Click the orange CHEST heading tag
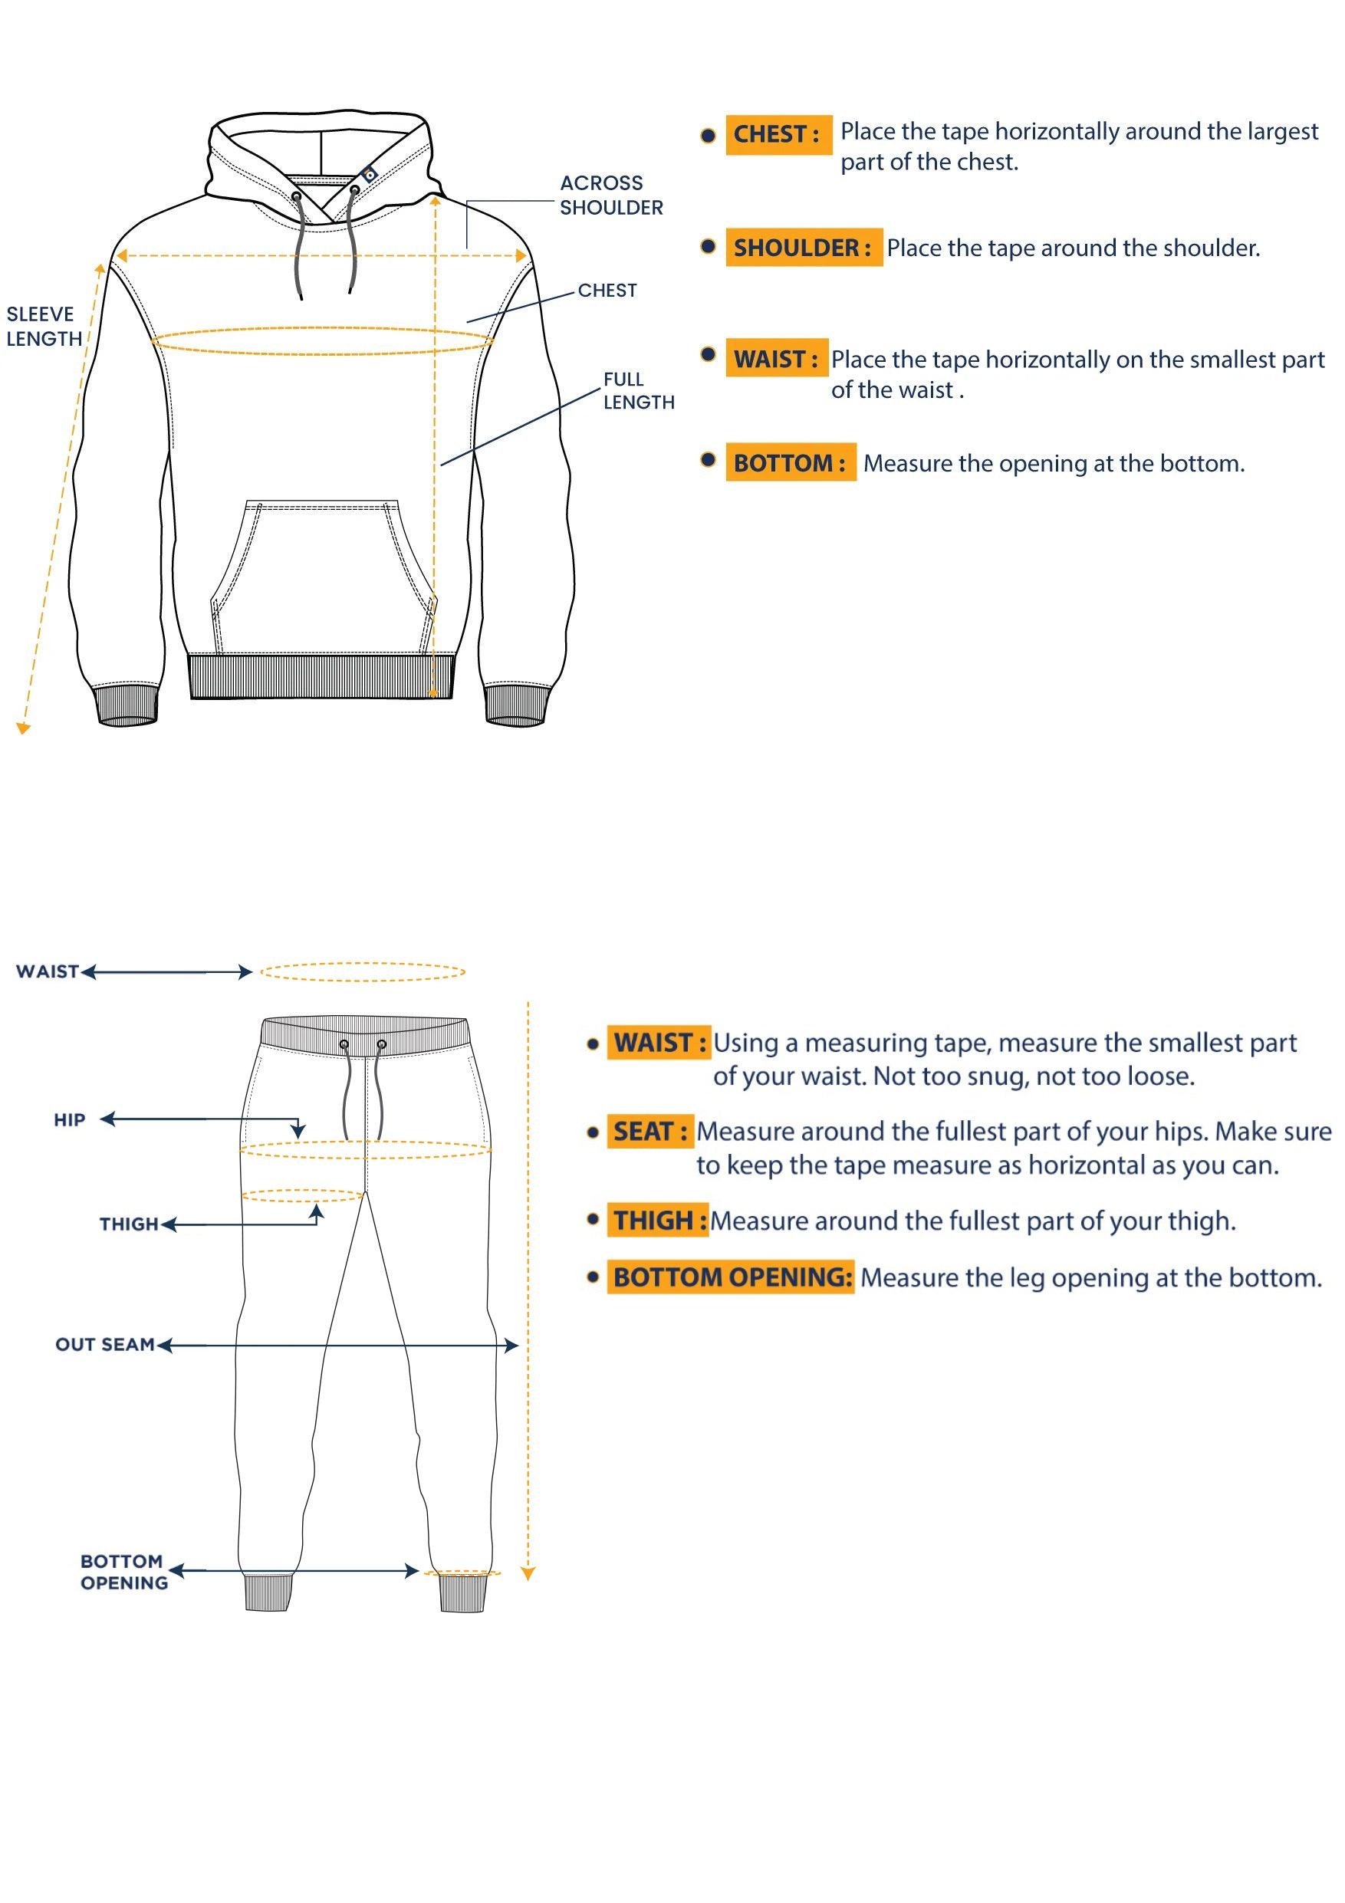pyautogui.click(x=778, y=134)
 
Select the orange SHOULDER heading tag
pyautogui.click(x=803, y=248)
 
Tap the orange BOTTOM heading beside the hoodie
pyautogui.click(x=790, y=462)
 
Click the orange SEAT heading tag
pyautogui.click(x=649, y=1132)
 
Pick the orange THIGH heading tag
pyautogui.click(x=658, y=1220)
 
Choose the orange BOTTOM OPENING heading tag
pyautogui.click(x=731, y=1277)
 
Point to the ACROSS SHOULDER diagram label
pyautogui.click(x=610, y=196)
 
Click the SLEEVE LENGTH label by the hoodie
pyautogui.click(x=44, y=327)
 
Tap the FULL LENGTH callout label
pyautogui.click(x=638, y=390)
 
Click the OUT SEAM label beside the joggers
pyautogui.click(x=105, y=1344)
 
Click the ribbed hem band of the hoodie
pyautogui.click(x=322, y=675)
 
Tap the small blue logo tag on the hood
pyautogui.click(x=369, y=173)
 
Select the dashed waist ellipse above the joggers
pyautogui.click(x=362, y=971)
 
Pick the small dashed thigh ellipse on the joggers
pyautogui.click(x=302, y=1195)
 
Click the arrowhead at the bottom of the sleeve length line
pyautogui.click(x=23, y=728)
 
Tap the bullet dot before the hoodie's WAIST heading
pyautogui.click(x=708, y=355)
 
